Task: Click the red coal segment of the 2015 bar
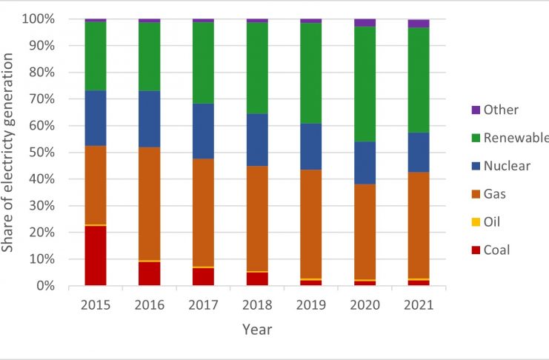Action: [x=96, y=256]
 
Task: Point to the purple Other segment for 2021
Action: [x=418, y=24]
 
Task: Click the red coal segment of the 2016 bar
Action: [x=149, y=273]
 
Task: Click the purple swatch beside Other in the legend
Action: [x=475, y=110]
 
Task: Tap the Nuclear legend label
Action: [x=507, y=166]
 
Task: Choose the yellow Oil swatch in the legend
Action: [x=475, y=222]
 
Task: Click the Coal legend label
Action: [x=497, y=250]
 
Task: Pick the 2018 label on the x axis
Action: [x=257, y=304]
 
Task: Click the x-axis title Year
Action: [x=256, y=330]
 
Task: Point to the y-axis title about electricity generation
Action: [x=10, y=152]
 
